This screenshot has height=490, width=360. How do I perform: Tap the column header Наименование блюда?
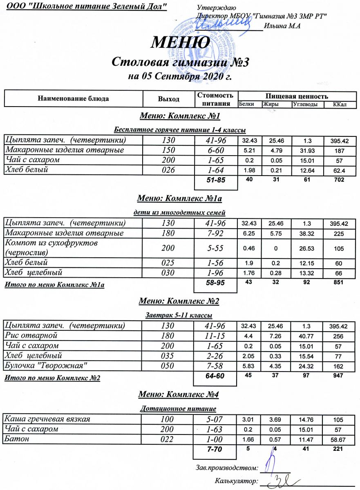pos(73,98)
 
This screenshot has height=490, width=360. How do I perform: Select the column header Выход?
pos(169,99)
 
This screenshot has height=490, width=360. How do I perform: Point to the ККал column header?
pos(340,105)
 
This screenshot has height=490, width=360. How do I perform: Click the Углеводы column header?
pos(306,105)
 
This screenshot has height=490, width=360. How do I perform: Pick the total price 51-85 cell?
pos(216,179)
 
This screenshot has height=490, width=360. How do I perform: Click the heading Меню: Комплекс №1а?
pos(179,199)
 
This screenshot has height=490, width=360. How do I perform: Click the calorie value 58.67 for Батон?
pos(340,440)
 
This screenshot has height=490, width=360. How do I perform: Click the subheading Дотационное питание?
pos(178,408)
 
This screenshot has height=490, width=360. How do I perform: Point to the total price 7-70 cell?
pos(215,449)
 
